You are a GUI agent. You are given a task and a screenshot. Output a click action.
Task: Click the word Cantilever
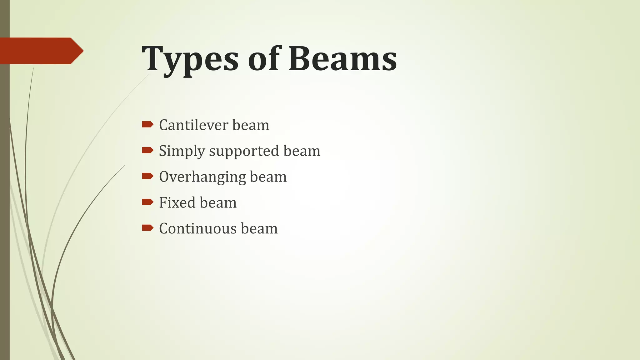click(x=194, y=125)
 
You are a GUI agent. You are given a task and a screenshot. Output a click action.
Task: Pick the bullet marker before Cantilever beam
click(x=147, y=125)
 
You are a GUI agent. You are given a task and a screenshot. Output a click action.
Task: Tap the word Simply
click(x=182, y=151)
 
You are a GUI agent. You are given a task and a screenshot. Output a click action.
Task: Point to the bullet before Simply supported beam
click(x=147, y=151)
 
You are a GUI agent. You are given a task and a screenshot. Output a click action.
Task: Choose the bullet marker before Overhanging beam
click(x=147, y=176)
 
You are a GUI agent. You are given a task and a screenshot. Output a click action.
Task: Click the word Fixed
click(x=177, y=202)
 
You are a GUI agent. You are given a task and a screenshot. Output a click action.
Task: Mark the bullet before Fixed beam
click(x=147, y=202)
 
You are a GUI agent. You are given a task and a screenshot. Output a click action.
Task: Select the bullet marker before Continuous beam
click(x=147, y=228)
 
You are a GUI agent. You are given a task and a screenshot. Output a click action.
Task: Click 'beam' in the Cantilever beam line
click(x=251, y=125)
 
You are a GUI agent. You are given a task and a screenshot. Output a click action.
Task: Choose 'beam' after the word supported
click(x=302, y=151)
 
